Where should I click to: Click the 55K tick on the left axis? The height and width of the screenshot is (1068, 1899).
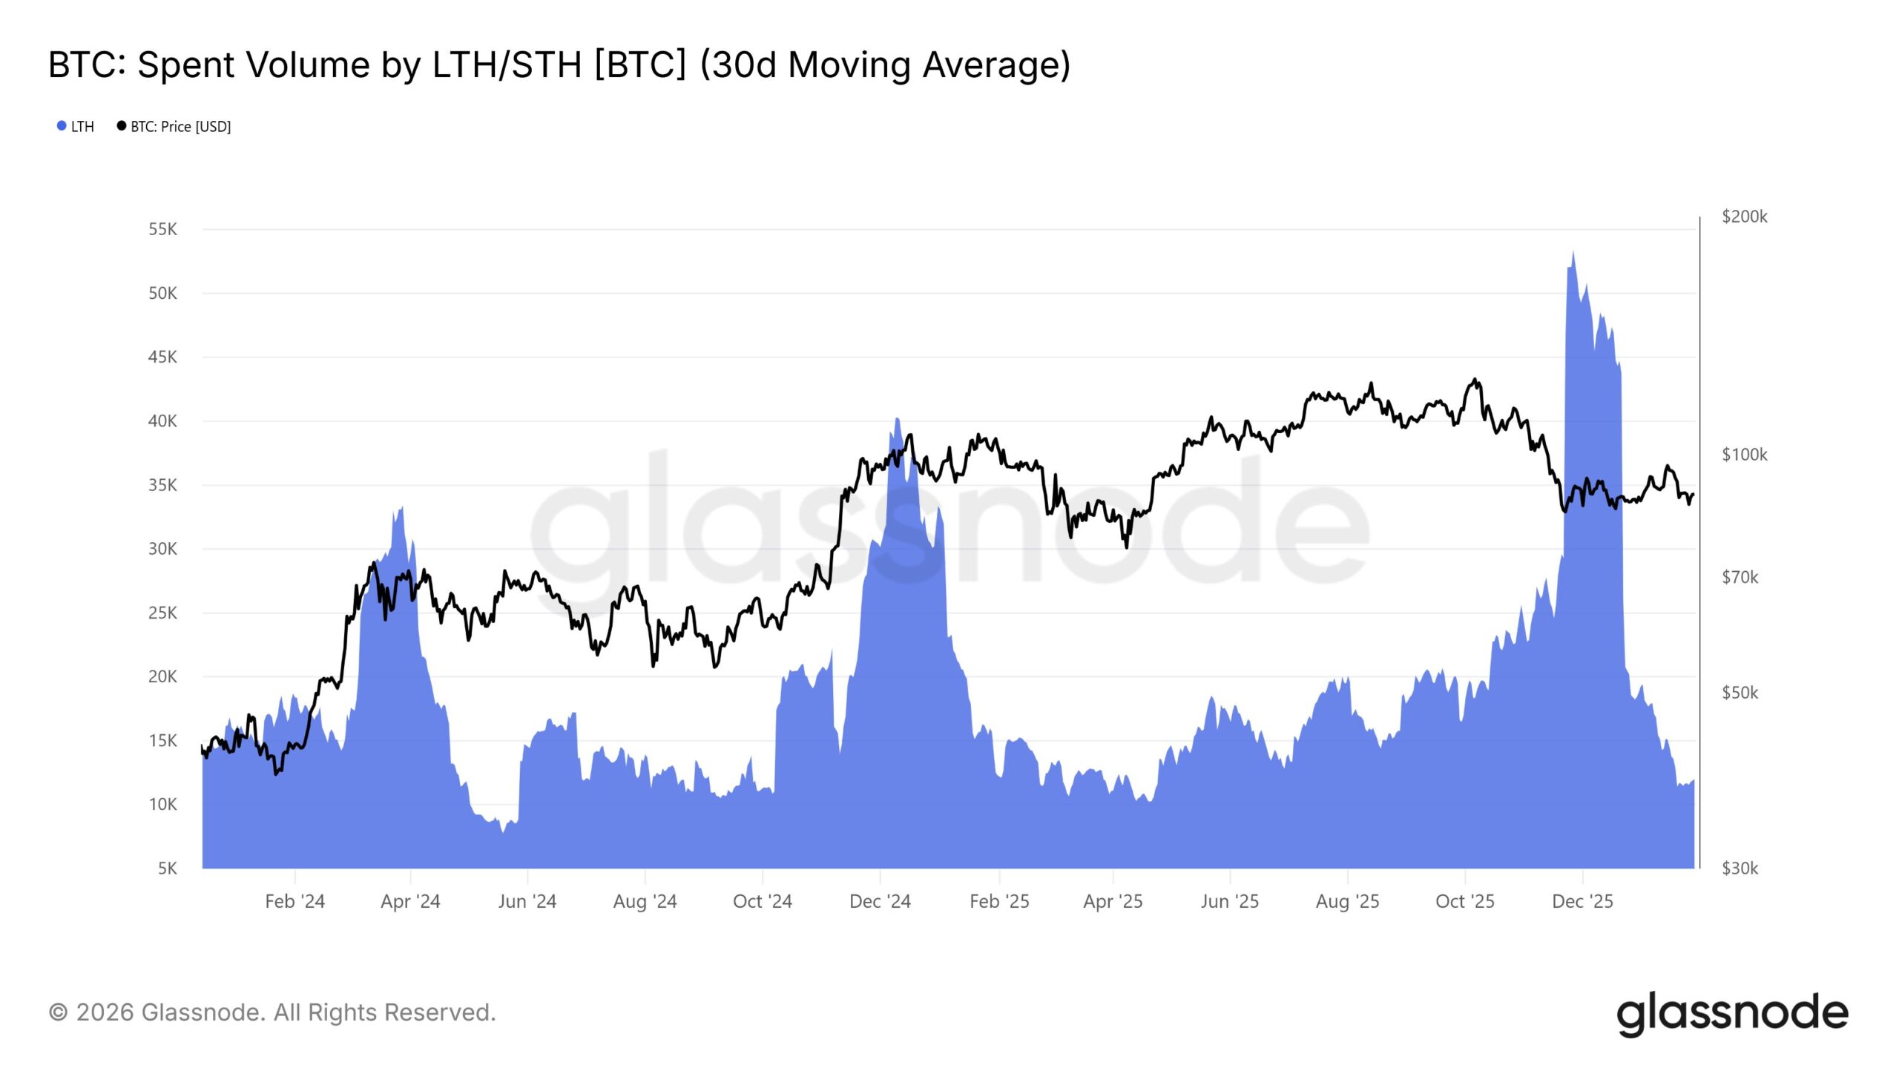(x=162, y=229)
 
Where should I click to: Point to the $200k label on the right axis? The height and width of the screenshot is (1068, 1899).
(x=1744, y=217)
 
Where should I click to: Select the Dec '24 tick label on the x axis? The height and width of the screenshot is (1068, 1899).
(x=880, y=901)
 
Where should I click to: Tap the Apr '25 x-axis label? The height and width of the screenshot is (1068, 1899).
(x=1113, y=901)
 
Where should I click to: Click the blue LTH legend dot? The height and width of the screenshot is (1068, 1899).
(x=62, y=126)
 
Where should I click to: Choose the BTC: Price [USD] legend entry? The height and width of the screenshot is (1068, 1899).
(x=180, y=127)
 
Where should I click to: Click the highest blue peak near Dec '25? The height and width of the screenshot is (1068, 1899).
(x=1573, y=252)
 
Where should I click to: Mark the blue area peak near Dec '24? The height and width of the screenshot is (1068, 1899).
(x=898, y=419)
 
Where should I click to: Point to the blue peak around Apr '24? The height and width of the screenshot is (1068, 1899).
(x=401, y=507)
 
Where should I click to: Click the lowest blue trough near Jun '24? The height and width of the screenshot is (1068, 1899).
(x=503, y=832)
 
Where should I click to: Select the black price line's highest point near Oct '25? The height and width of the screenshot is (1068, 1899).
(x=1475, y=380)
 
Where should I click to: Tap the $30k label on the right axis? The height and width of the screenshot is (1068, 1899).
(x=1740, y=868)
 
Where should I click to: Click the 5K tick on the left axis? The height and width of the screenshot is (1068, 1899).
(x=167, y=868)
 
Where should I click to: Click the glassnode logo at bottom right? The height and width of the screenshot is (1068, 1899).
(x=1732, y=1014)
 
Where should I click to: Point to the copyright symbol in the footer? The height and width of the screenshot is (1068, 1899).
(x=58, y=1012)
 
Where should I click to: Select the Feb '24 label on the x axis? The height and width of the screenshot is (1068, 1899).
(x=294, y=901)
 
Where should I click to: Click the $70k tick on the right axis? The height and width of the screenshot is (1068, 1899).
(x=1740, y=577)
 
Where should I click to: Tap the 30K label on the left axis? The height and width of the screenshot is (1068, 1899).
(x=162, y=549)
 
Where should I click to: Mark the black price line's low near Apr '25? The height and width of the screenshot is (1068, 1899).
(x=1127, y=547)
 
